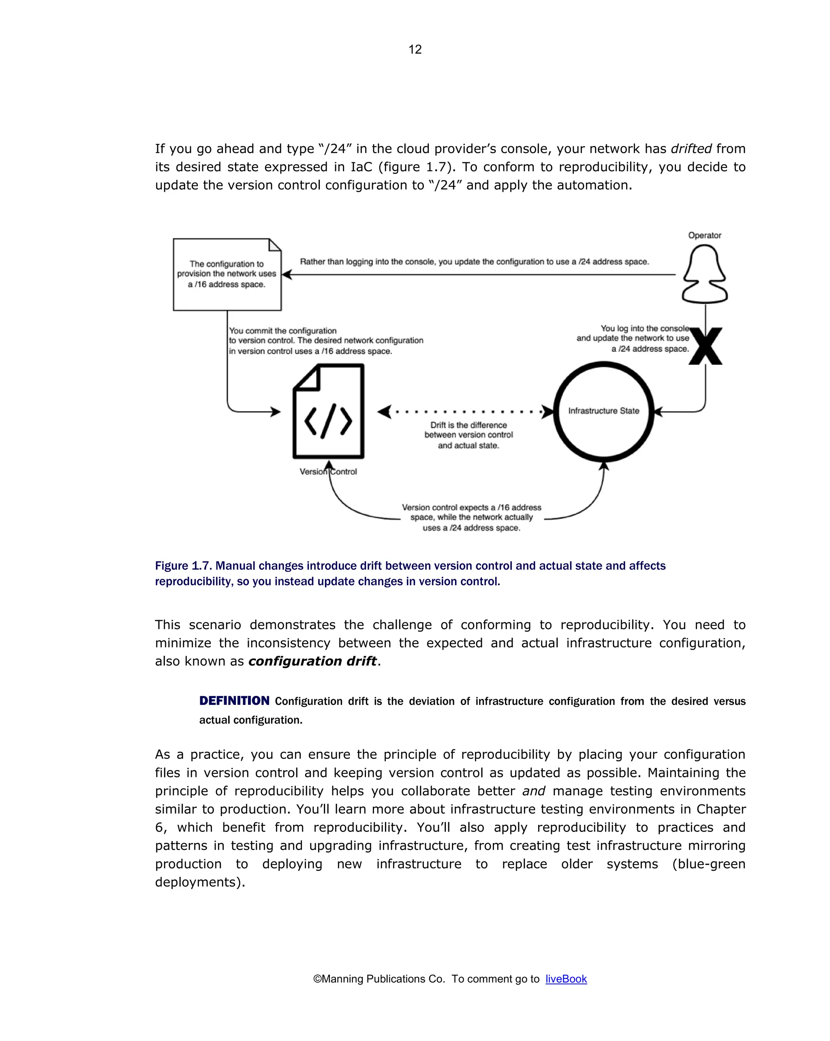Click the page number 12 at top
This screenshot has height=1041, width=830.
(415, 49)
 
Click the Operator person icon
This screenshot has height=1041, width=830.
(704, 274)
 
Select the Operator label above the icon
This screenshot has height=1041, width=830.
(704, 235)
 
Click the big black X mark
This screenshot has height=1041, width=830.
(705, 346)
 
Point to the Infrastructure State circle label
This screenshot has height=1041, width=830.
(603, 411)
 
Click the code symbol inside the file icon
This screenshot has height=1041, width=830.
(328, 421)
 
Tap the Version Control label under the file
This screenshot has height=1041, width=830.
(328, 472)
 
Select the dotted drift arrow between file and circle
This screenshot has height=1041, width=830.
(466, 412)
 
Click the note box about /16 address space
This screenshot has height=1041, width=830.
(227, 274)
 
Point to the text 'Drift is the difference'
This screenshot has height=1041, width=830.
(468, 425)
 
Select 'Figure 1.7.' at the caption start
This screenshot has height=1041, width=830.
(183, 566)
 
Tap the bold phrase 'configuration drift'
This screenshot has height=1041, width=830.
(312, 661)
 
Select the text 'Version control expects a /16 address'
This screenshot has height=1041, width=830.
(471, 507)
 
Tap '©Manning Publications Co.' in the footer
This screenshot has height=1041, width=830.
(379, 979)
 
